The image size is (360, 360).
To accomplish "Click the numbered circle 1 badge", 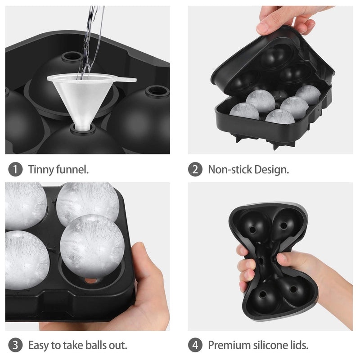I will [15, 170].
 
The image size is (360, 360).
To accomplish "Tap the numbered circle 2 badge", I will [195, 170].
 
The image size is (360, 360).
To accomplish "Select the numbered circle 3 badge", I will [15, 346].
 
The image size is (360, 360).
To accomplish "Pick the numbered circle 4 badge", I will [195, 346].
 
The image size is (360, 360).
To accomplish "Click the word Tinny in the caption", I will [39, 170].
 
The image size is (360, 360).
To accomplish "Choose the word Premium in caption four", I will [229, 346].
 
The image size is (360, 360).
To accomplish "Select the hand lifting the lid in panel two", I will [288, 18].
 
